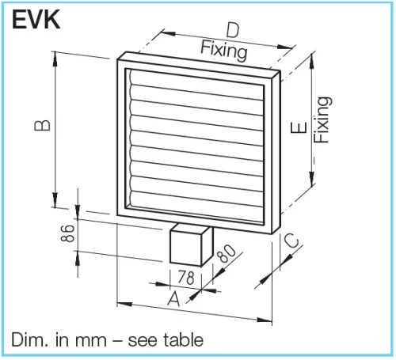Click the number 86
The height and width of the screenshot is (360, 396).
tap(69, 232)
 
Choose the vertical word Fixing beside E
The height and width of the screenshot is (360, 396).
tap(321, 119)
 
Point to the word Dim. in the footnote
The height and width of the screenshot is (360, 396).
tap(29, 340)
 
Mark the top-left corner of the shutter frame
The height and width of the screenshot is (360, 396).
tap(118, 56)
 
